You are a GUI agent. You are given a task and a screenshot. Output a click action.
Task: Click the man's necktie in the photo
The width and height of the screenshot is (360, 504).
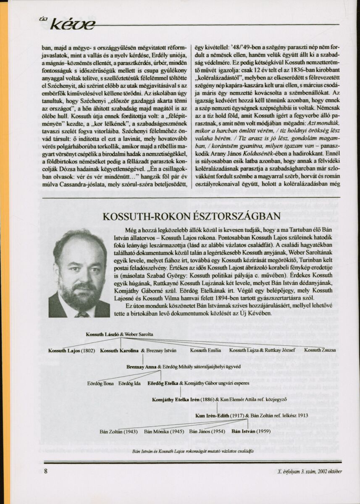81,313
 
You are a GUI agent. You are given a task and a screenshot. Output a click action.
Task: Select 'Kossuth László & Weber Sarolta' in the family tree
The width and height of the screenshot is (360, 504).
119,334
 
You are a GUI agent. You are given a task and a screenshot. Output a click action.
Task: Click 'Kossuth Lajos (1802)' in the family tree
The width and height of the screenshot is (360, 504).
71,350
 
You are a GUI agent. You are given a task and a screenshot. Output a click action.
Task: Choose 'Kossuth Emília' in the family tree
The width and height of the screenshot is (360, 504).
205,350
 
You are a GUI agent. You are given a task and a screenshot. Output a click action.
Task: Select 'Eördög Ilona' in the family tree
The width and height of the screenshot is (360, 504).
100,383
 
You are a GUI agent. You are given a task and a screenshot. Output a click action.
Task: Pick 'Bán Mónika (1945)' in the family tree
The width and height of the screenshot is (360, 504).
164,431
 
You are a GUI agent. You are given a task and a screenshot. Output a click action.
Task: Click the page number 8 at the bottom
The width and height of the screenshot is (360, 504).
46,471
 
